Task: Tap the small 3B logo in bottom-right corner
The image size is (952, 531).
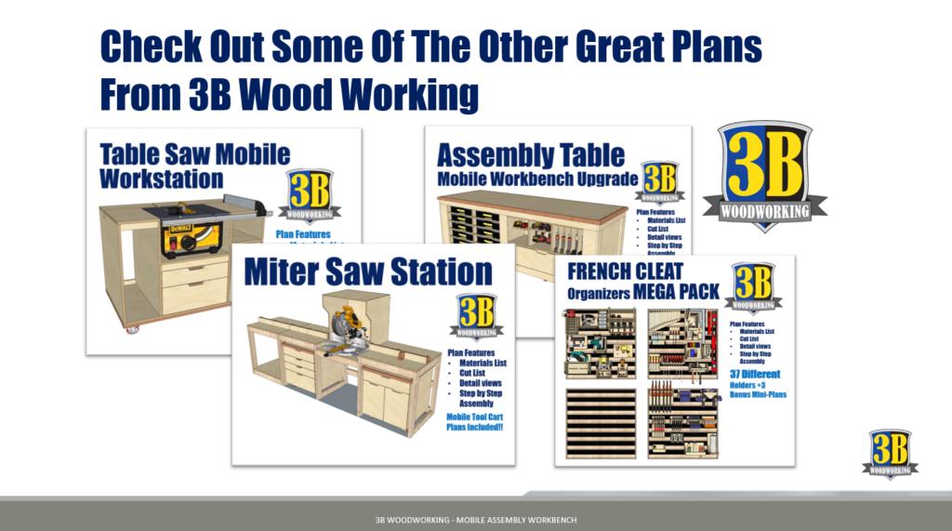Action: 890,454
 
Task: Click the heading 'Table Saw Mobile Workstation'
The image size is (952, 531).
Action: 194,165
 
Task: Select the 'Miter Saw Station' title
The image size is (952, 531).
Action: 368,272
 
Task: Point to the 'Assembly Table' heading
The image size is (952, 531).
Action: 531,153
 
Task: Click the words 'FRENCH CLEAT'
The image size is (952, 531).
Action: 626,272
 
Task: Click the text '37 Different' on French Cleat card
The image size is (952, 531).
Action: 755,374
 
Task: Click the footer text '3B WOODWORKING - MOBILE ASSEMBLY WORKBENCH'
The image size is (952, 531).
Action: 476,516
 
